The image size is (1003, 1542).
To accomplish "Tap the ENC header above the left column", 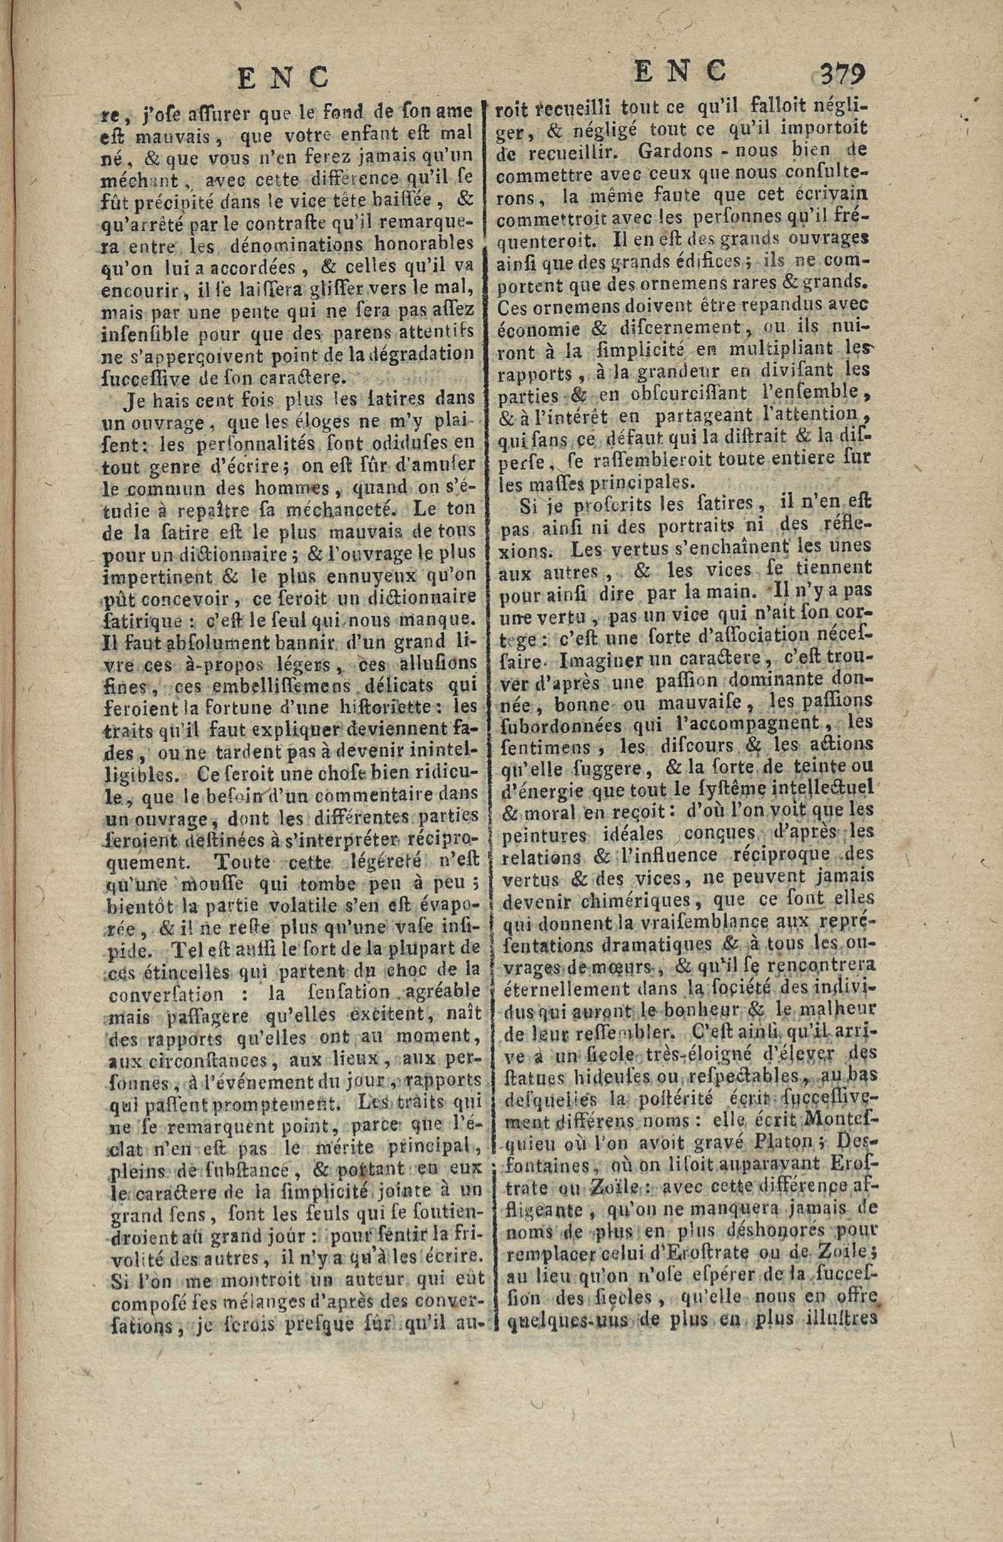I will coord(283,78).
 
